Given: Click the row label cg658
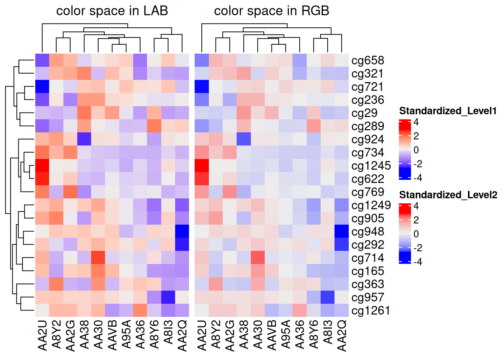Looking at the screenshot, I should [367, 60].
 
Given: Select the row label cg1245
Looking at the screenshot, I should [371, 166].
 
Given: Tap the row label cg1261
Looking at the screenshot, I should [370, 310].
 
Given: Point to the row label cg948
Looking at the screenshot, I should [367, 232].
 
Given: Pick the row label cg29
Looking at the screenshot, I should [364, 113].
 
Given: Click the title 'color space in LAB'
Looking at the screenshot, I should [112, 11].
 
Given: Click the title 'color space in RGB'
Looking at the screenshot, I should [271, 11].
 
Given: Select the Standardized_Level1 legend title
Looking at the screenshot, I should [448, 111].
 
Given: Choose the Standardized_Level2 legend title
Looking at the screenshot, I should [448, 195].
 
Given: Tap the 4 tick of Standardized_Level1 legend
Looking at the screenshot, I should [416, 122].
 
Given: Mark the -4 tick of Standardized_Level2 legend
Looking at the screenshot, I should [418, 262].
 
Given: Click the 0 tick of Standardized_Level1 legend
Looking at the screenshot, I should [416, 150].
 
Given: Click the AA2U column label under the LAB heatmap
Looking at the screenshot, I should [42, 335].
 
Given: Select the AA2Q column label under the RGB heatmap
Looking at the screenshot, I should [342, 335].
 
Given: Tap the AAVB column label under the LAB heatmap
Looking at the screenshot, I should [112, 335].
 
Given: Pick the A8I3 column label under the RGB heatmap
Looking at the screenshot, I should [328, 332].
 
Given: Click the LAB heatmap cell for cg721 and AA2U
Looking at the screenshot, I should [42, 87].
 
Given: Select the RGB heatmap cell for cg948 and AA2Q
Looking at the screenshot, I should [342, 231].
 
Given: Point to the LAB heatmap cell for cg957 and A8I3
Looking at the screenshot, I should [168, 297].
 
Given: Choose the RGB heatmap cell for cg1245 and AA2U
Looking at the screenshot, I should [202, 166].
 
